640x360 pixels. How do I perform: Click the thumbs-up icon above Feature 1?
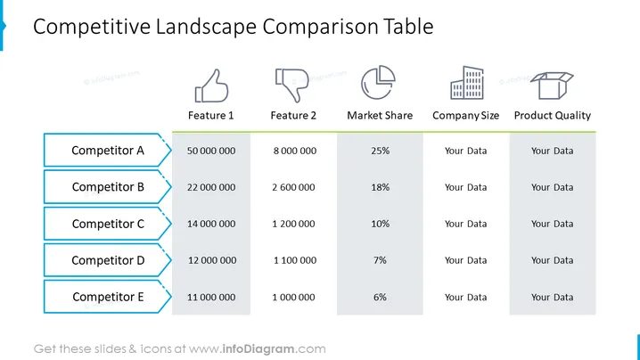(211, 86)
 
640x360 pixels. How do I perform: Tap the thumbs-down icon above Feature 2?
(291, 85)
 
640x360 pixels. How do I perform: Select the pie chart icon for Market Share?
(378, 82)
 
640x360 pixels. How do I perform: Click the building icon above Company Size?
(466, 83)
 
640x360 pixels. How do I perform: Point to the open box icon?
(552, 86)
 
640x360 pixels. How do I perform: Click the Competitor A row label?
(108, 151)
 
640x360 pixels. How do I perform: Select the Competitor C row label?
(108, 224)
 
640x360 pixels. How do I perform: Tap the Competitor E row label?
(108, 297)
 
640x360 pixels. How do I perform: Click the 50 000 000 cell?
(211, 151)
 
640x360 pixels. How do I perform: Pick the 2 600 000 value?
(293, 187)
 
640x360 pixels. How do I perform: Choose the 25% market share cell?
(380, 151)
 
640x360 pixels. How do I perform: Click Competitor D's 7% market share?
(380, 260)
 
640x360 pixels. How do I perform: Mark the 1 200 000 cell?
(293, 224)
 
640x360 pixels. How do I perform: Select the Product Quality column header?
(553, 116)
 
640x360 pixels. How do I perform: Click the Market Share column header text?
(380, 116)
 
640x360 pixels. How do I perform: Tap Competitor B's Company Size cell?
(465, 187)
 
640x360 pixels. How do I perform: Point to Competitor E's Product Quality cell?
(553, 297)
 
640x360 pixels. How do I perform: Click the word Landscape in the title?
(206, 27)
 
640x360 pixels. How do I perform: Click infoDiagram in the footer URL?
(258, 349)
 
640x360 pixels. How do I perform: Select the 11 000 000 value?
(211, 297)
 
